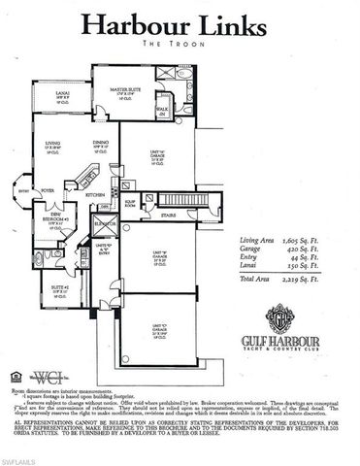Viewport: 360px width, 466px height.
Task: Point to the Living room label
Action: [53, 148]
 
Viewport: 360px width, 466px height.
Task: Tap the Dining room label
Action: [99, 148]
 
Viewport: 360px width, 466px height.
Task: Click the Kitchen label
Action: [94, 195]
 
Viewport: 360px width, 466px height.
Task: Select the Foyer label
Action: [48, 191]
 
